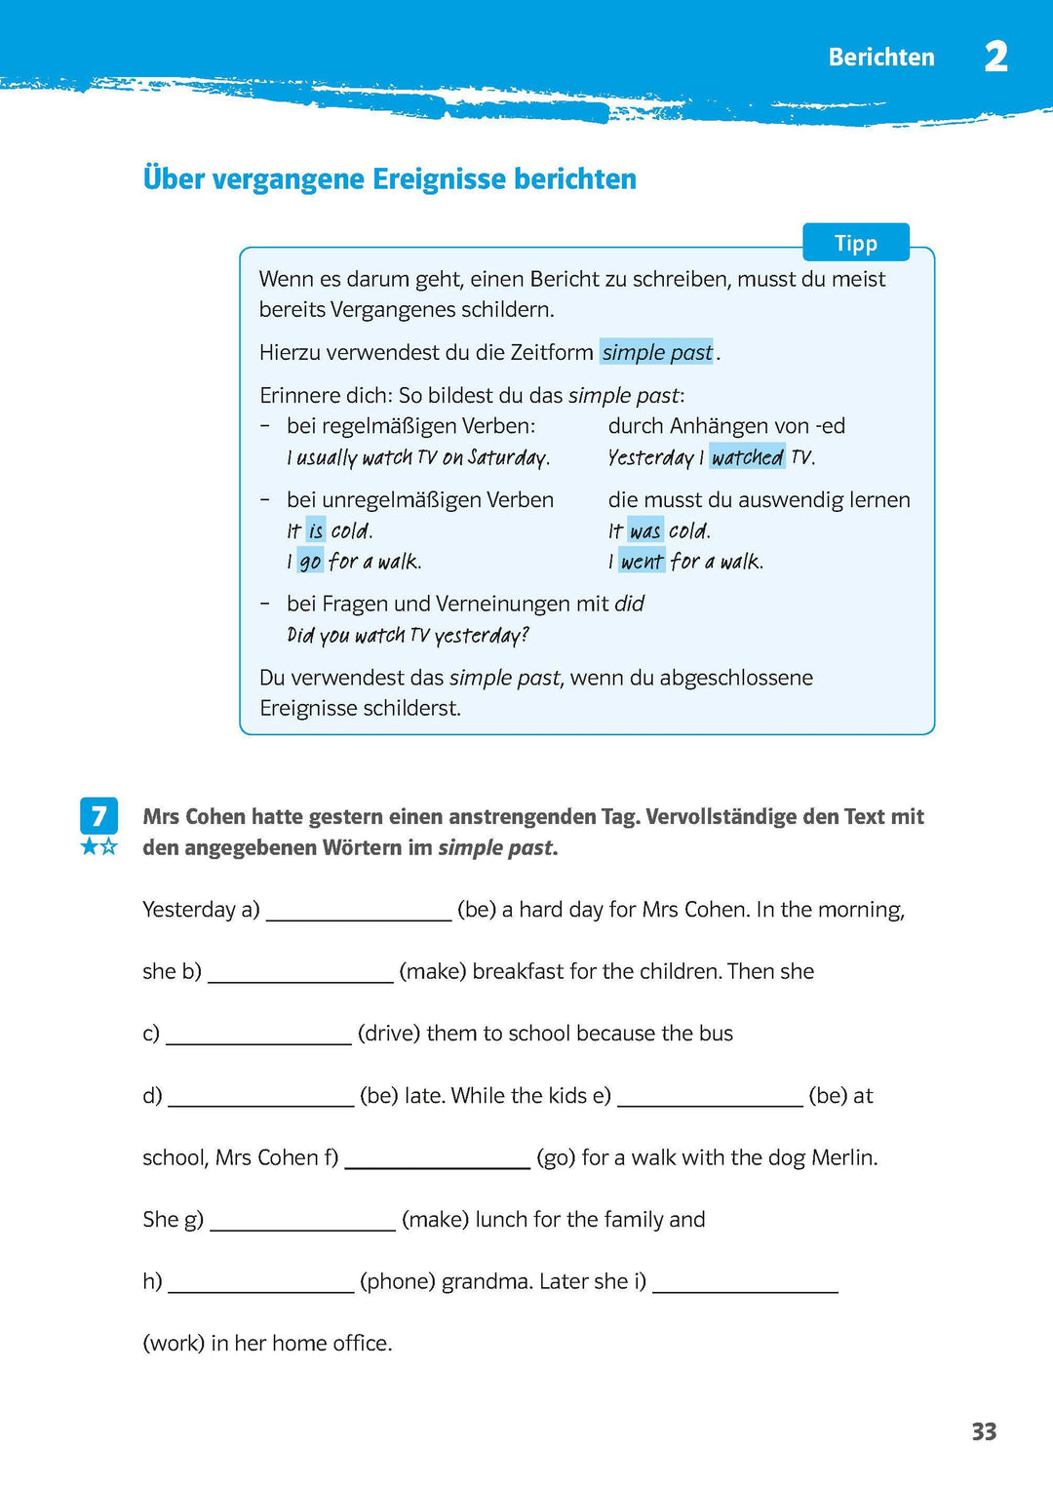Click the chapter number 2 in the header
[995, 57]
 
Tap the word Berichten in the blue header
[880, 58]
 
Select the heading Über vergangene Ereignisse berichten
[389, 179]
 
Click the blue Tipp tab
[855, 243]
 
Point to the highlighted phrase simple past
[656, 352]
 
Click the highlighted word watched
[747, 457]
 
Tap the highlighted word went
[642, 562]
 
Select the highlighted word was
[644, 531]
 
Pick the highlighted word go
[310, 562]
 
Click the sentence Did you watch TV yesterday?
[408, 636]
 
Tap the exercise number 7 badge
[98, 816]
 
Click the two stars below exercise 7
[98, 846]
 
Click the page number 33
[984, 1431]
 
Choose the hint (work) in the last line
[174, 1344]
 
